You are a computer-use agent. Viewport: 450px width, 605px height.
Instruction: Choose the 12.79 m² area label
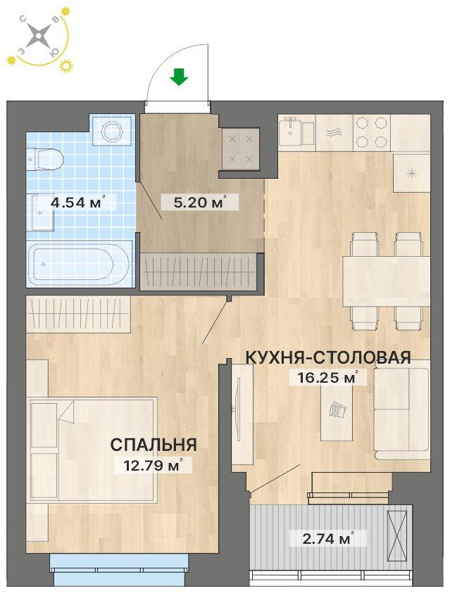pos(152,464)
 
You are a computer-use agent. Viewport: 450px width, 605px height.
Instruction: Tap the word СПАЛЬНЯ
pos(153,444)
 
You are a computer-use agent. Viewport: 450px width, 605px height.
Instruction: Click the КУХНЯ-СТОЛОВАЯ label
pos(327,357)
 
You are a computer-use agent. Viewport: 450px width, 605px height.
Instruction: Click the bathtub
pos(78,264)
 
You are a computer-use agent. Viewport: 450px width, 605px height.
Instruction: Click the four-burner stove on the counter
pos(370,132)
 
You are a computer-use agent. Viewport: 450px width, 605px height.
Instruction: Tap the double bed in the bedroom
pos(92,450)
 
